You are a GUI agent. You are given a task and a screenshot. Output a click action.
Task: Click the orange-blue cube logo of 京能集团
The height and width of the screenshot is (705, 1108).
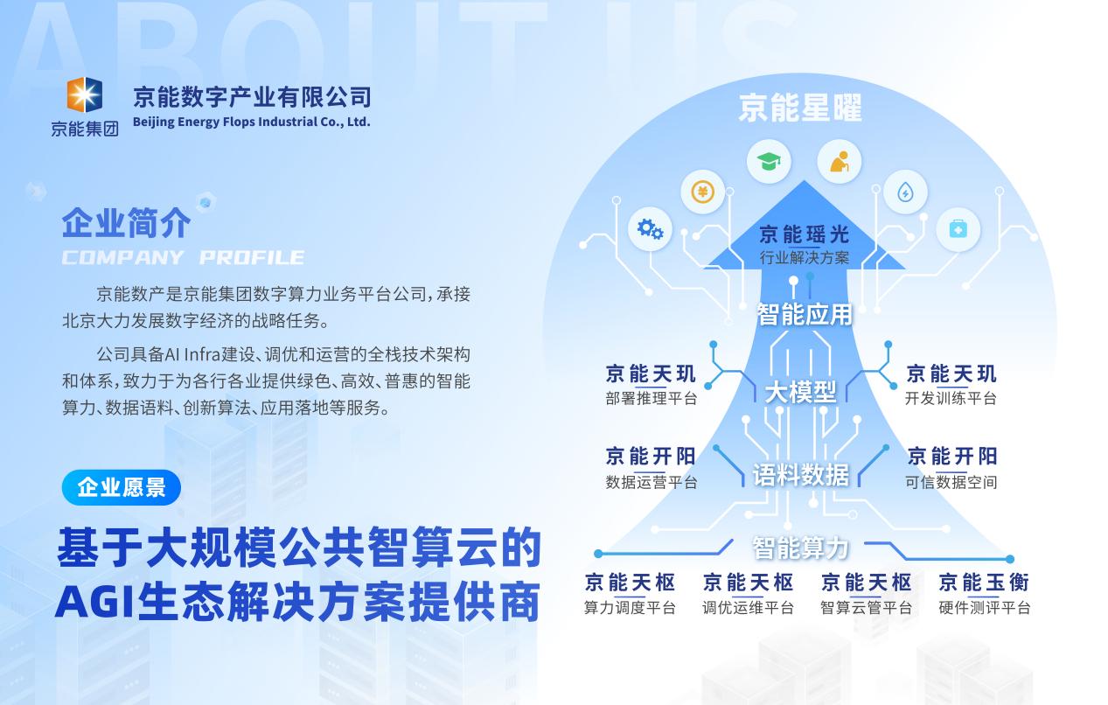point(85,94)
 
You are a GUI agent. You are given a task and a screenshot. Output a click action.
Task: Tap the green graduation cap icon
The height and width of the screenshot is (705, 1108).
point(769,161)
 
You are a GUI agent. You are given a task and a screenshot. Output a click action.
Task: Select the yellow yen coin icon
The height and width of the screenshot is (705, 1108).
point(702,192)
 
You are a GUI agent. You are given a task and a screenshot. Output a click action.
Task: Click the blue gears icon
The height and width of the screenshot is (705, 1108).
point(650,229)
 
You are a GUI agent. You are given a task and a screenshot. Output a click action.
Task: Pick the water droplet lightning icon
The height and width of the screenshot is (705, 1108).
point(905,192)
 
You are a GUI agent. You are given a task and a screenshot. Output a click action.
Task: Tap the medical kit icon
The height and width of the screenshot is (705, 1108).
point(958,229)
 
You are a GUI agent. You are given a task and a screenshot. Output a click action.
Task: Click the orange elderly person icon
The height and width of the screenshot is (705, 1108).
point(840,162)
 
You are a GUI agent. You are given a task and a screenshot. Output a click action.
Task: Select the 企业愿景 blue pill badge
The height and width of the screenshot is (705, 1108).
point(122,487)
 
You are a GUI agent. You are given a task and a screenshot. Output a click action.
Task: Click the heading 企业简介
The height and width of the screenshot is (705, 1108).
point(126,223)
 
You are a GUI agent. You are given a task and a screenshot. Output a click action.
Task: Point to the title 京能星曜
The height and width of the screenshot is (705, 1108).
point(800,108)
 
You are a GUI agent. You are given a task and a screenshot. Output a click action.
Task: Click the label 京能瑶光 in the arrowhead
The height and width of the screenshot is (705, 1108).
point(805,234)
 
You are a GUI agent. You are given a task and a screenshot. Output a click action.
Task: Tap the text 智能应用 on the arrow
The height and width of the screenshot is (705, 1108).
point(805,315)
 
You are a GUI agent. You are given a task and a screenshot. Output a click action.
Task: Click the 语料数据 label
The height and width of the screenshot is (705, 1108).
point(801,475)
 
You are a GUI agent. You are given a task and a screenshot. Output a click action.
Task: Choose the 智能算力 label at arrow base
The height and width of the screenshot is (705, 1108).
point(801,548)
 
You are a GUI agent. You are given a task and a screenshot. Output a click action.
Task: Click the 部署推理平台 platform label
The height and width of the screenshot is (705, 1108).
point(652,399)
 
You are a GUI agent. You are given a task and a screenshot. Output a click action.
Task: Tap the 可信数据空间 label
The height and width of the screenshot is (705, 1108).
point(951,482)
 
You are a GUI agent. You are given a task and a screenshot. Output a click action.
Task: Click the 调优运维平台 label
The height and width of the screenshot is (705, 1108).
point(748,608)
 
